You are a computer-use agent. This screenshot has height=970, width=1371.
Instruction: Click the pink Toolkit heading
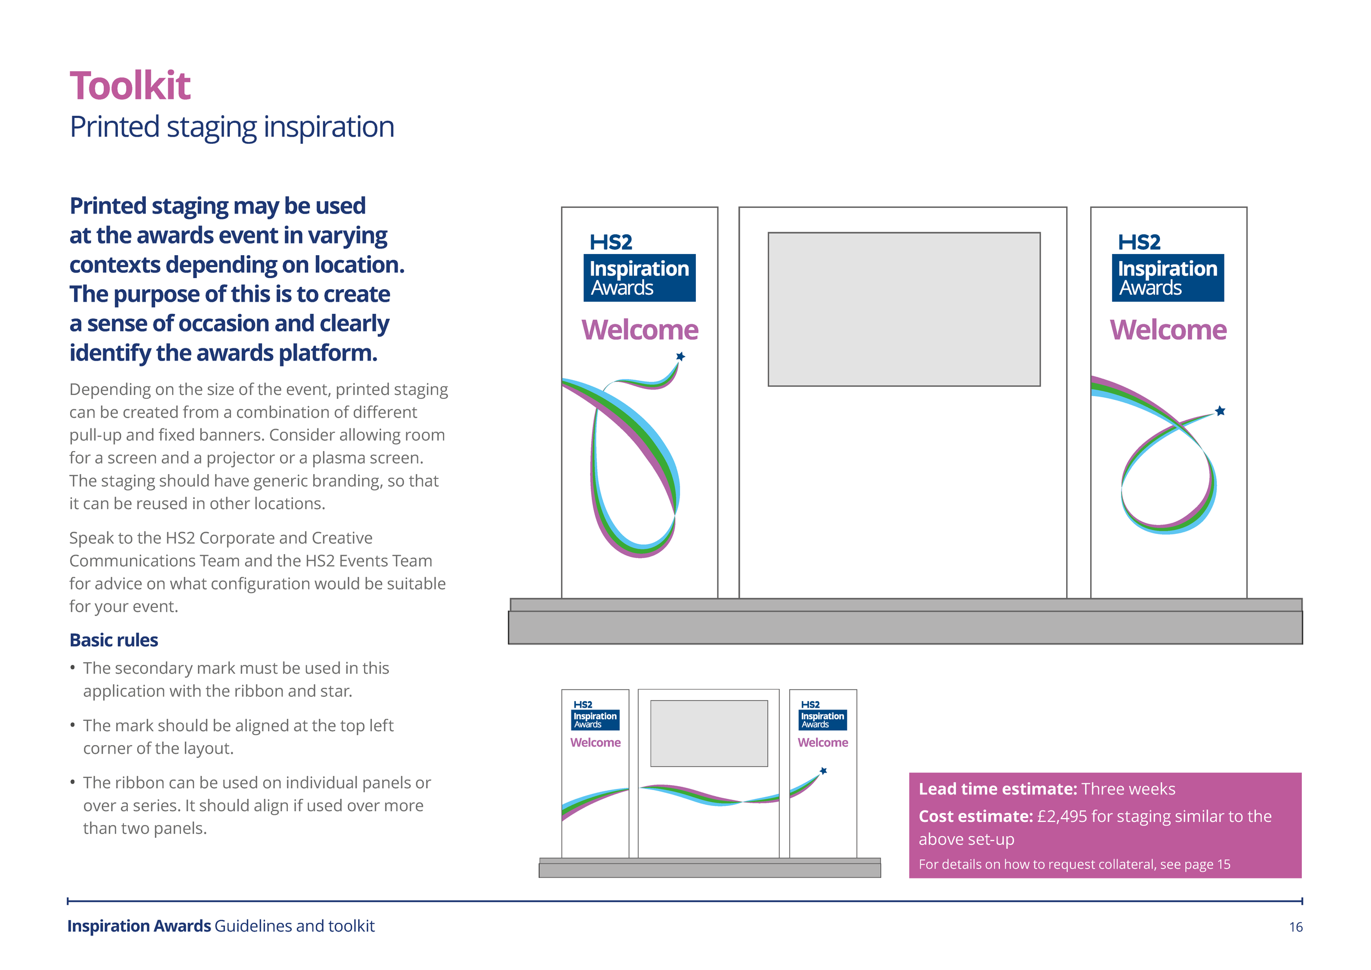point(130,86)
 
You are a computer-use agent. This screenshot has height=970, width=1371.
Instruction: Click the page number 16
point(1295,927)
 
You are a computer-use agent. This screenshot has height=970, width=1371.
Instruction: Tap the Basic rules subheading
point(114,640)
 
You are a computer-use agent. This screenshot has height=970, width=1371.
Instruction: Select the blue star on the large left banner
point(680,357)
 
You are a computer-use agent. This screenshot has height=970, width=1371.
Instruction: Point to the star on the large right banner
point(1220,411)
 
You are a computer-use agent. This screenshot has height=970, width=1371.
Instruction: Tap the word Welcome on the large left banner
point(639,330)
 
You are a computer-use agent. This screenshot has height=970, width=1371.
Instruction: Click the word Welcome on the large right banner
point(1168,330)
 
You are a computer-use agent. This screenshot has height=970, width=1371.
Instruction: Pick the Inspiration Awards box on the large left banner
point(639,278)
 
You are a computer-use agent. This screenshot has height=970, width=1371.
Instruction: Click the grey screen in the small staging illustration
point(709,734)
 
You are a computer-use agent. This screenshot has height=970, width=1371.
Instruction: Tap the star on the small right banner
point(824,771)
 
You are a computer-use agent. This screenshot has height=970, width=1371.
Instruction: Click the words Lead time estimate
point(997,789)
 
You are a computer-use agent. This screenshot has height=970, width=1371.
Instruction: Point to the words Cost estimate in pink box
point(975,816)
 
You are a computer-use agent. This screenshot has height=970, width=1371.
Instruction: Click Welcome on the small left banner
point(596,742)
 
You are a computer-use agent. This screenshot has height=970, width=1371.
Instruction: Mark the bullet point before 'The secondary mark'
point(73,668)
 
